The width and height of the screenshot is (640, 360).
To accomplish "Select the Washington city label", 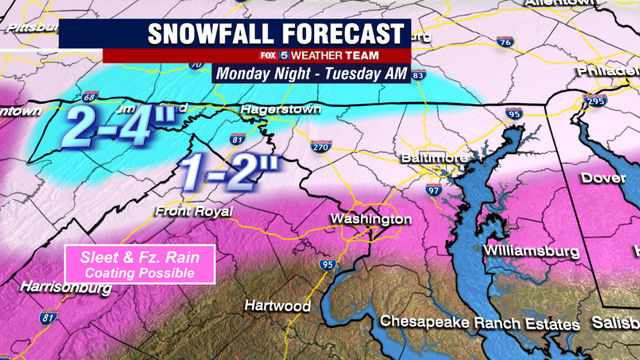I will click(x=371, y=219).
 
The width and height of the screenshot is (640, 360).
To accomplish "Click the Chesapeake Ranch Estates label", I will click(x=479, y=324).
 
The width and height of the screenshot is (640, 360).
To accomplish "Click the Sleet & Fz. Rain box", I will click(x=140, y=264).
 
